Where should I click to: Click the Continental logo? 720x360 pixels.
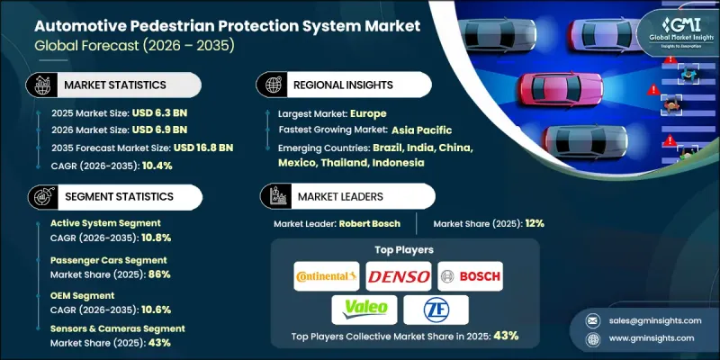327,275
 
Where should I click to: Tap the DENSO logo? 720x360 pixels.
398,275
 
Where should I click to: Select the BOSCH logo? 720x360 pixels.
470,275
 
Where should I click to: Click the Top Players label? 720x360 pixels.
403,250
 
